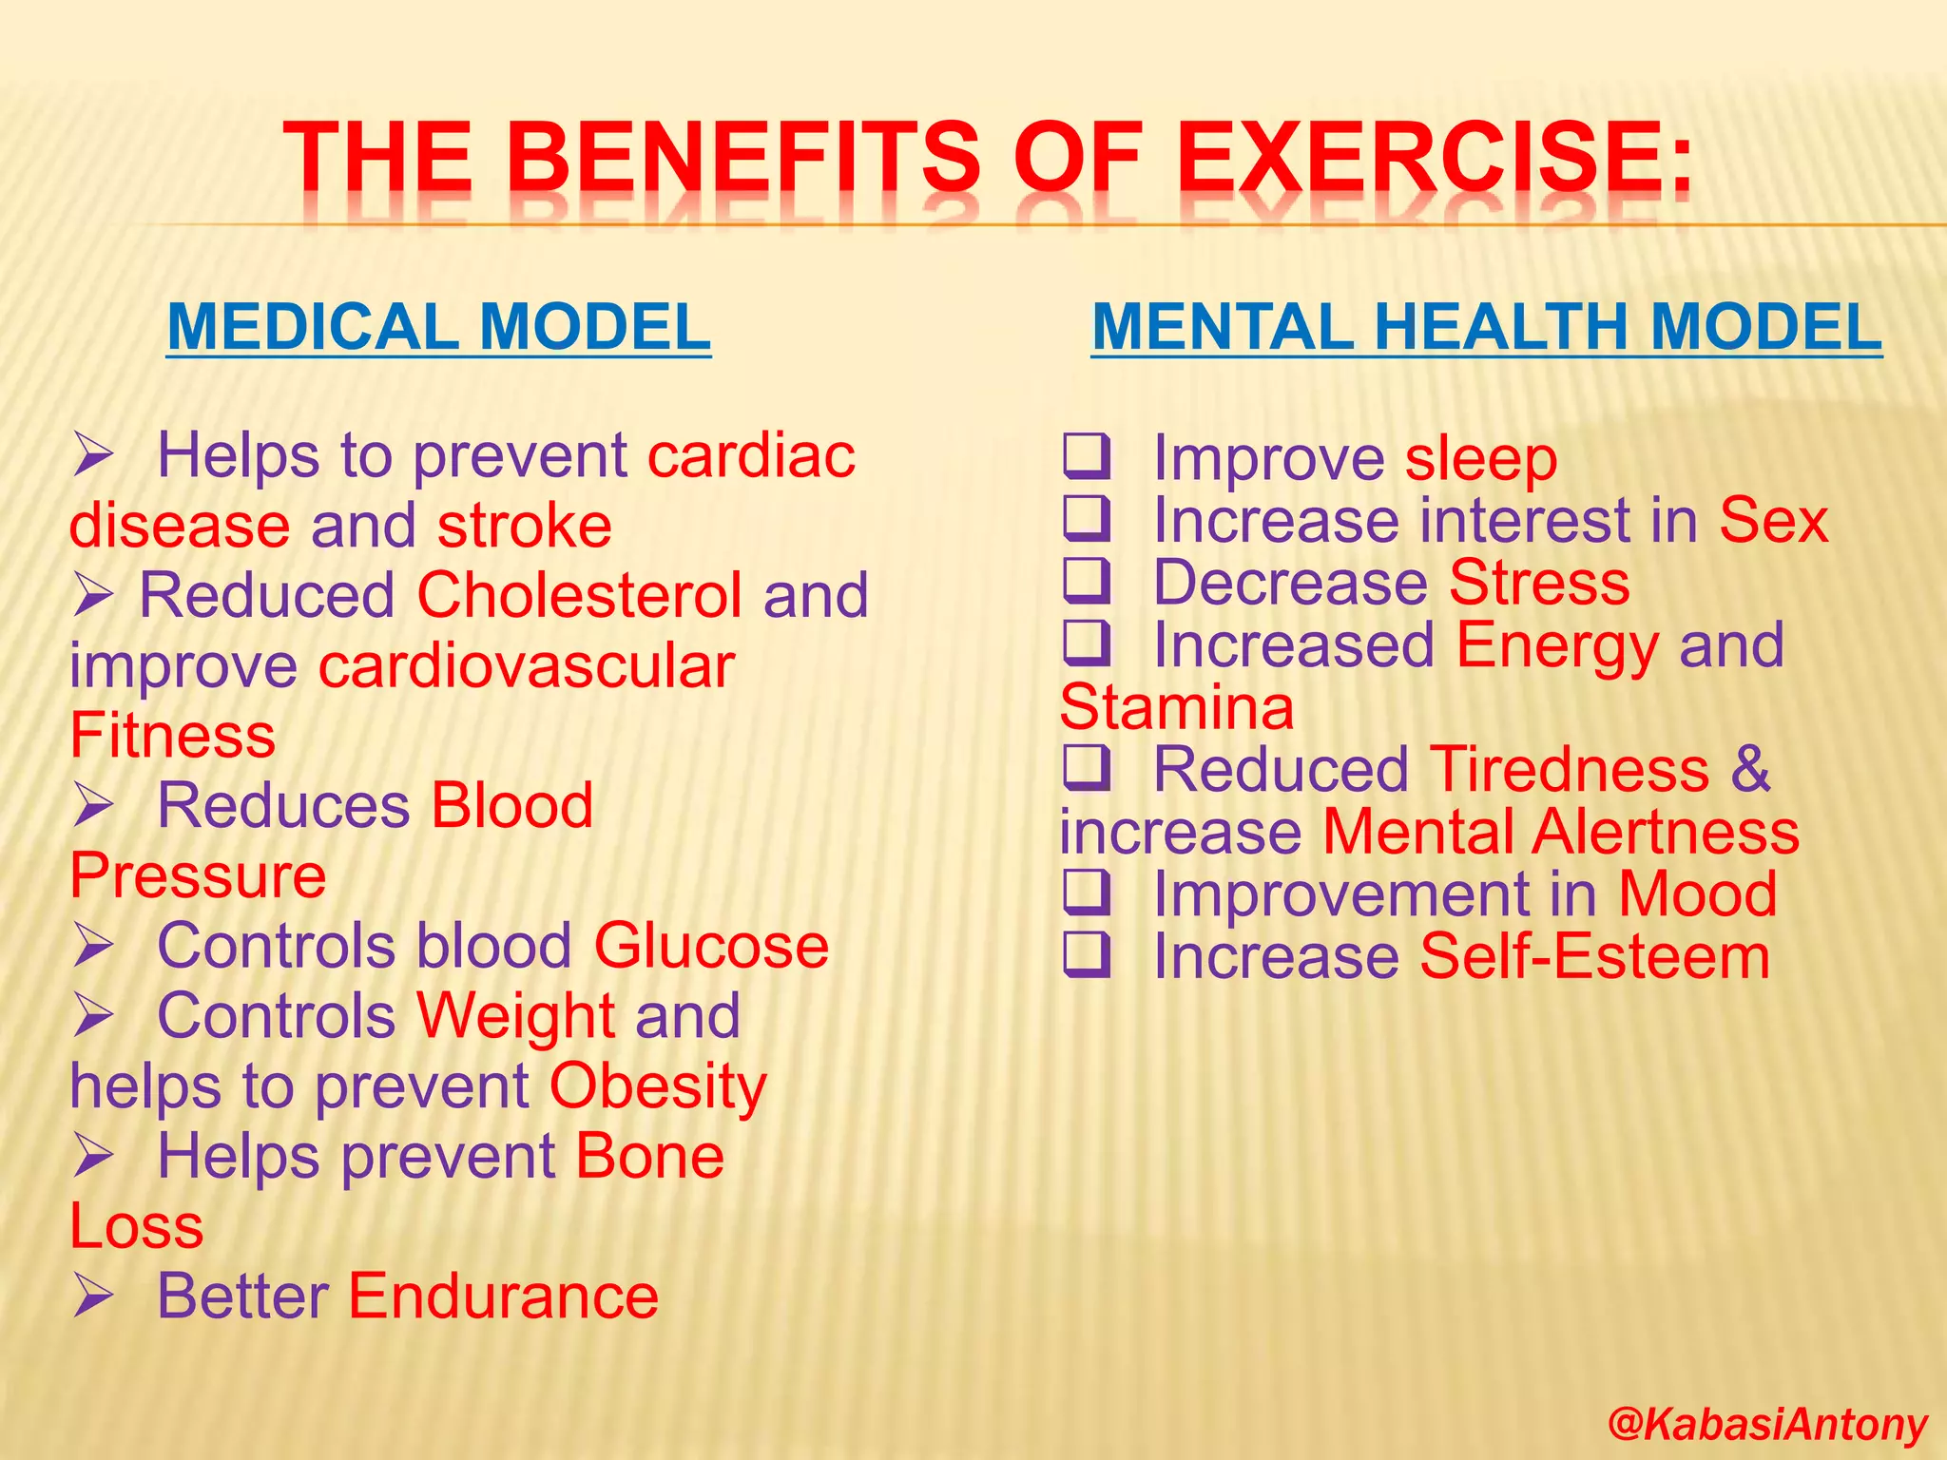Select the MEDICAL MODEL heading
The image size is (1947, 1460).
click(438, 327)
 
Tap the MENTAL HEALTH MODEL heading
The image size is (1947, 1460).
click(1486, 327)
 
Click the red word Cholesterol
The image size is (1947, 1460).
click(579, 596)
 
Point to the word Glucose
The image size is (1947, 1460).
click(711, 947)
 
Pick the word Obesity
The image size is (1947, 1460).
click(658, 1086)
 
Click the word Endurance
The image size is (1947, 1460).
click(503, 1297)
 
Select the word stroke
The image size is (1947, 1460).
click(525, 526)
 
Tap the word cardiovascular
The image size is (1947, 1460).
click(527, 665)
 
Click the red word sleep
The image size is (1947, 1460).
click(1481, 459)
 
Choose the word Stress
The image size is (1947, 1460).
click(1539, 583)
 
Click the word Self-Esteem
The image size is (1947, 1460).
click(1594, 957)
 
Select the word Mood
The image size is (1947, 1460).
click(1697, 894)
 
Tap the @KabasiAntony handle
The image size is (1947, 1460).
click(1766, 1425)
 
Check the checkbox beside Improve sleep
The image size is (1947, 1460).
click(1086, 456)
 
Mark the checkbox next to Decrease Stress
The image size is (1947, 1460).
click(1086, 581)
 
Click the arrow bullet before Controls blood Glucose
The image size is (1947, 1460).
click(93, 948)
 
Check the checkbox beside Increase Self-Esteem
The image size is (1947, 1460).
click(1086, 955)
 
